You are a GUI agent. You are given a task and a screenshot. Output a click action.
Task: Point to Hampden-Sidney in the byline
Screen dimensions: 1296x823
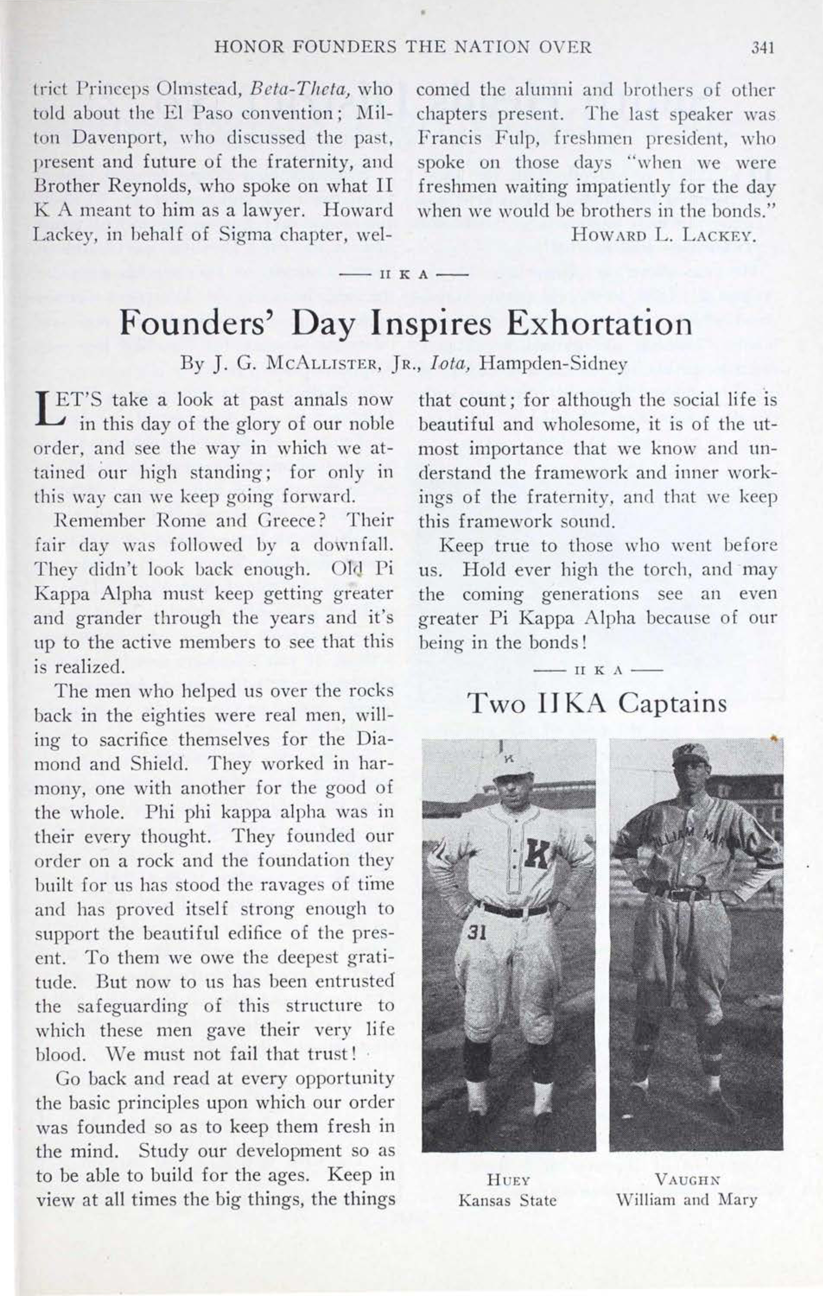[554, 365]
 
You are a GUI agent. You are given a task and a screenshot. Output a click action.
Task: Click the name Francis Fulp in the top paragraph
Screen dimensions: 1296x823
[468, 139]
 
